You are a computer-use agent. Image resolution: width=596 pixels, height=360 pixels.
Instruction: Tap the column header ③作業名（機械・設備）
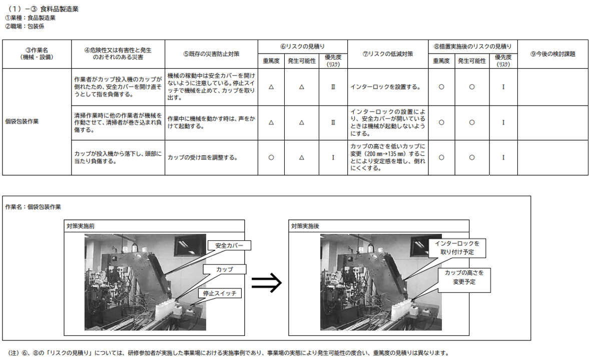37,54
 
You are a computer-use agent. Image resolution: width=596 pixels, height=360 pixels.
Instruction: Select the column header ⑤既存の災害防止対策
211,54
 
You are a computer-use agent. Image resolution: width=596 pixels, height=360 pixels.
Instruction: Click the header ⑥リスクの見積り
303,47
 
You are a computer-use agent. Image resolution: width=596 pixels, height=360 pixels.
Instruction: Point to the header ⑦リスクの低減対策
388,54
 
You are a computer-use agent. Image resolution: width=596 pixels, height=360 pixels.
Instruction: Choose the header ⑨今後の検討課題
552,54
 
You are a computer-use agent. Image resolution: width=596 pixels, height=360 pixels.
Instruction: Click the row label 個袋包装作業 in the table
22,122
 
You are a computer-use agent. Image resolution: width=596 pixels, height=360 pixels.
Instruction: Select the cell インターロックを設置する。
385,87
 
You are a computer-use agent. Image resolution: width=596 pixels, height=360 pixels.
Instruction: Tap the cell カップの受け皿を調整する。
203,157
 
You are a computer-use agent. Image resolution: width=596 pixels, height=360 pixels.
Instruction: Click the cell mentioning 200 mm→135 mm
388,157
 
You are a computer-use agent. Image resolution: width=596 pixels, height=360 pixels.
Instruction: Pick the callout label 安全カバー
229,245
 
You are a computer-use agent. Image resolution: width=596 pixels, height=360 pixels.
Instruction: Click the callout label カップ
224,269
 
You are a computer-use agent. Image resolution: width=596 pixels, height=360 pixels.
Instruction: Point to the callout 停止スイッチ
220,293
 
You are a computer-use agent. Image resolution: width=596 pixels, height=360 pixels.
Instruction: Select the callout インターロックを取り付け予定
457,248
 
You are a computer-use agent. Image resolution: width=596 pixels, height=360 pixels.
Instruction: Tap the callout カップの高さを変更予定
464,277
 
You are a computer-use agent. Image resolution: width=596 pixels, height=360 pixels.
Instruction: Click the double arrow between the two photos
266,282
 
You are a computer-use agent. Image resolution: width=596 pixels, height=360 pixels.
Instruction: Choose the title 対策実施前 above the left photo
81,226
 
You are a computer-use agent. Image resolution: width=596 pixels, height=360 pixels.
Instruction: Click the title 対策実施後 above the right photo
305,226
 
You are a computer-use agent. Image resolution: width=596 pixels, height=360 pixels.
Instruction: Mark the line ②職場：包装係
25,26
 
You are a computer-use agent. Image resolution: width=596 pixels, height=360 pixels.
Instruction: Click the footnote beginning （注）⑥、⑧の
228,353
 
